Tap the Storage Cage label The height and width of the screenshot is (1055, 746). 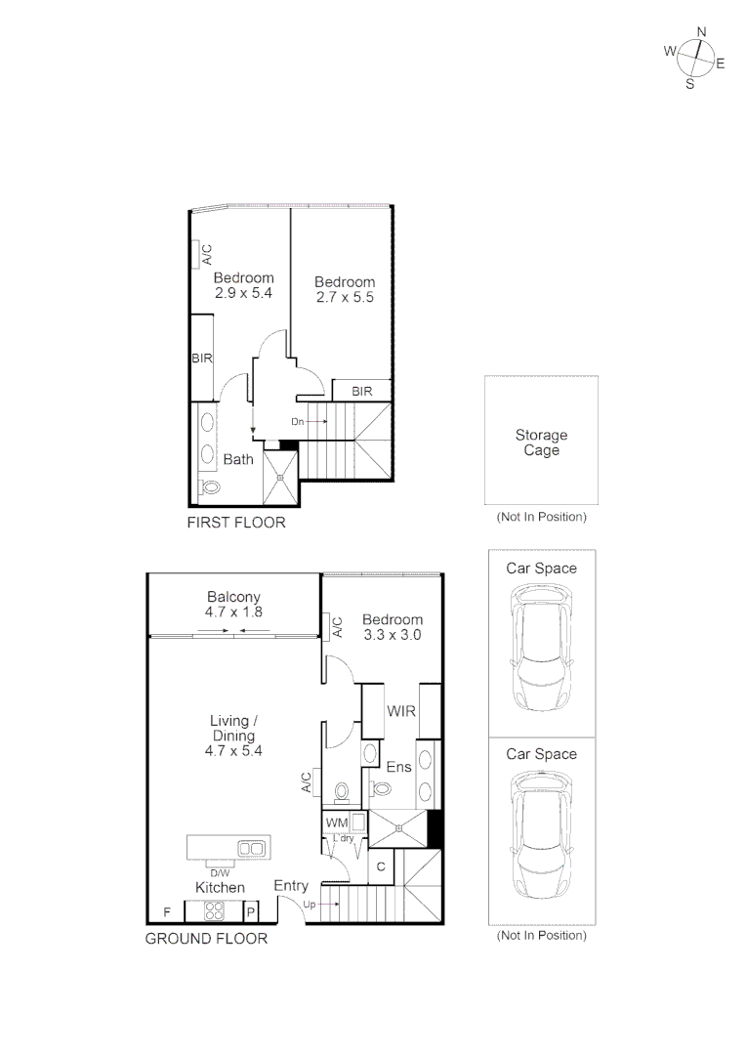click(x=541, y=443)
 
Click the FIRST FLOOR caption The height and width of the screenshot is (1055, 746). click(x=236, y=523)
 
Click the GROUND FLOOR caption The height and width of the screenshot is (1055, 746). click(x=206, y=939)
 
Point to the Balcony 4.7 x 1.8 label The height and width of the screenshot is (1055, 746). click(x=233, y=604)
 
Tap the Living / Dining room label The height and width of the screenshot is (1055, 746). click(x=233, y=736)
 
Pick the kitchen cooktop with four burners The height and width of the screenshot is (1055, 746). click(x=213, y=911)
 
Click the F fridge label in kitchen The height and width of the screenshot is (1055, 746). click(x=167, y=912)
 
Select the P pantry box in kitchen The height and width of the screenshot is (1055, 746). click(x=250, y=912)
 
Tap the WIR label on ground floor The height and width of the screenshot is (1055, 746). click(x=401, y=711)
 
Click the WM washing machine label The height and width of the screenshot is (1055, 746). click(x=336, y=823)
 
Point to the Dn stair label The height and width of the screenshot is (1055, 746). click(x=297, y=421)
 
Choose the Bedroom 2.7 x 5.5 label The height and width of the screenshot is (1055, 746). click(x=344, y=289)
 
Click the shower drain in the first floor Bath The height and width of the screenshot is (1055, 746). click(x=280, y=478)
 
